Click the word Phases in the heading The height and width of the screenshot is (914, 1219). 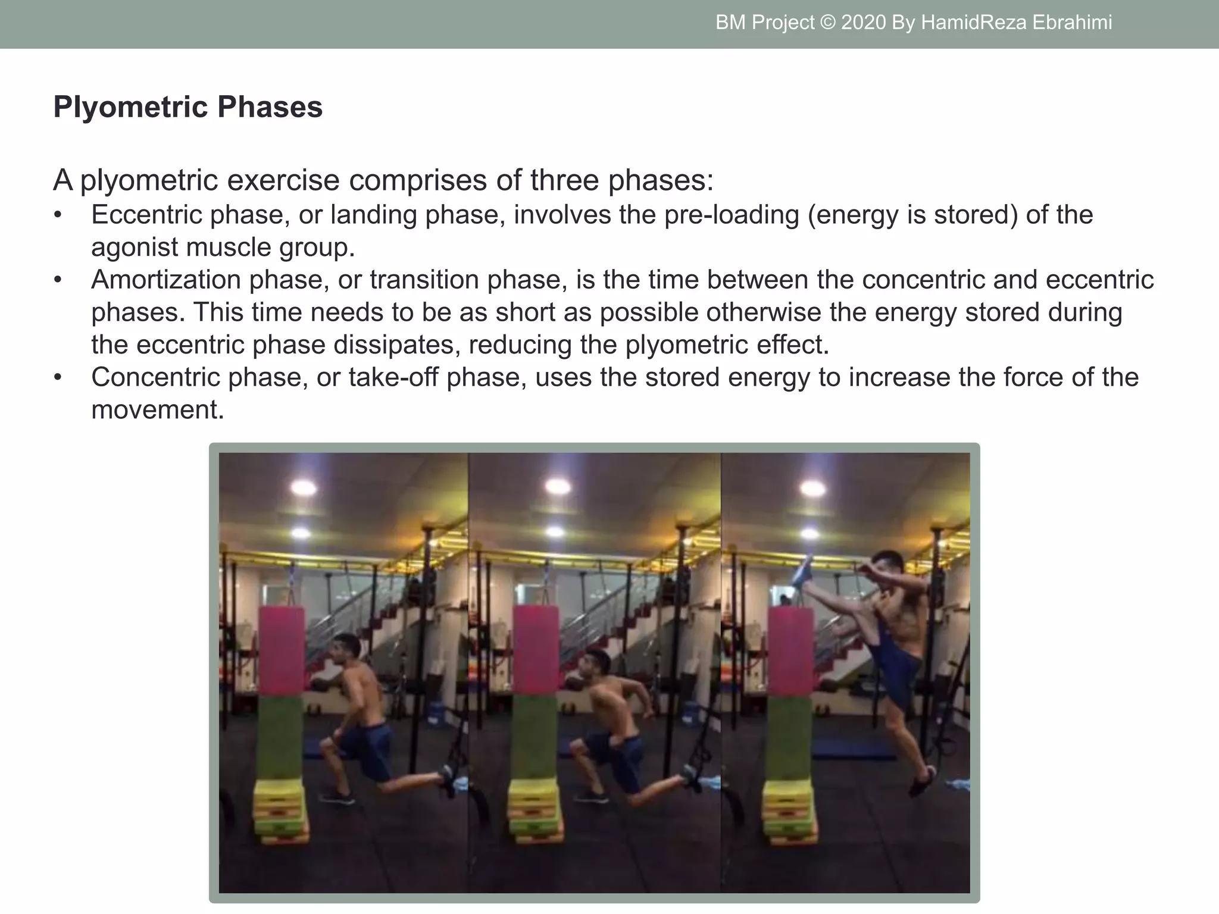270,108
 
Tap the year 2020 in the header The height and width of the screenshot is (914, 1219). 863,23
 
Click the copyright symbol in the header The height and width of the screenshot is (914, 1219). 827,23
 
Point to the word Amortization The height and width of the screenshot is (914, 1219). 165,280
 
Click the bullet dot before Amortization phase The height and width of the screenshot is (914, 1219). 58,280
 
